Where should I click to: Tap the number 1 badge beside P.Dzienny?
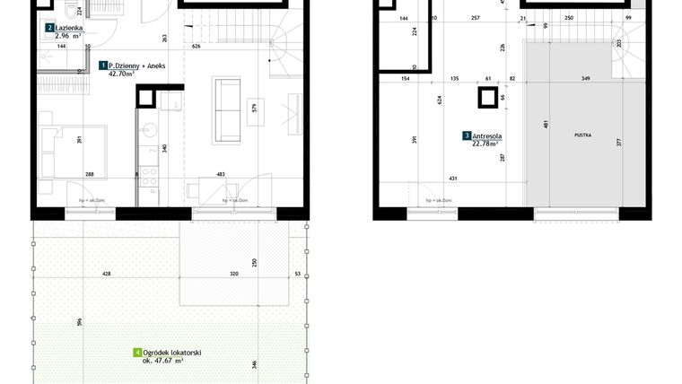point(103,66)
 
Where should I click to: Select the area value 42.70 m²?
point(121,75)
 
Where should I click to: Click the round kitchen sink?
point(151,128)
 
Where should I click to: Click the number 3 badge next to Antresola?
point(467,136)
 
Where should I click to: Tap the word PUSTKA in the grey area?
point(583,135)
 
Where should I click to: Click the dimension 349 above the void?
point(585,80)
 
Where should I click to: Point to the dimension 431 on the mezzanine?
point(454,178)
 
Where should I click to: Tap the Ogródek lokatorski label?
point(172,353)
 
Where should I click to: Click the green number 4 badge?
point(136,353)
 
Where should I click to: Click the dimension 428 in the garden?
point(106,275)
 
